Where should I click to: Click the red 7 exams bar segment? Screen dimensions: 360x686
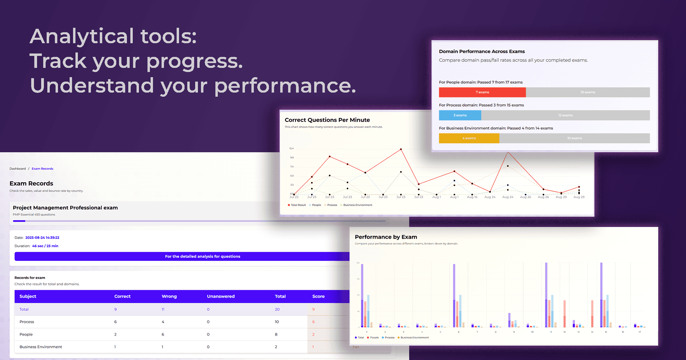tap(482, 92)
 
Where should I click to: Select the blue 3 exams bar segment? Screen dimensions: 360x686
tap(460, 115)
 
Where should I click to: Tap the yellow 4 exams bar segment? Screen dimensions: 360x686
tap(469, 138)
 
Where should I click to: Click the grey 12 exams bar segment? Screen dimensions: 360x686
tap(565, 115)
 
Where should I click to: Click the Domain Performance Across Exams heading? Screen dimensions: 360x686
tap(482, 51)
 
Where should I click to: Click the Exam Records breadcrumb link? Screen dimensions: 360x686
tap(43, 169)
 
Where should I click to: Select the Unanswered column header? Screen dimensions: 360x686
tap(221, 296)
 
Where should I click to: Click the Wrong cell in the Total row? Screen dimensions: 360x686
tap(163, 309)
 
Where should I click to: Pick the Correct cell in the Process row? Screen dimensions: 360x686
tap(116, 322)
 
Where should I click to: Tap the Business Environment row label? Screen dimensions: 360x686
tap(40, 347)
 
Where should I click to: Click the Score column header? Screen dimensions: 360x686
tap(318, 296)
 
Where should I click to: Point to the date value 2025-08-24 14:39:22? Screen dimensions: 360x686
tap(42, 238)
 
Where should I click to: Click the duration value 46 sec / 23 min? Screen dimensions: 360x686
tap(45, 246)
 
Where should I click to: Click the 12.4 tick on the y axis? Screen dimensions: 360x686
tap(291, 148)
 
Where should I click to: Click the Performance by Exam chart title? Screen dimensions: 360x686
tap(386, 237)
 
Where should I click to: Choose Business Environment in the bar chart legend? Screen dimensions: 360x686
tap(414, 338)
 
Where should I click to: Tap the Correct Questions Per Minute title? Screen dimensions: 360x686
tap(327, 120)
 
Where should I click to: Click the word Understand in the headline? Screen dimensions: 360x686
tap(92, 86)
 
